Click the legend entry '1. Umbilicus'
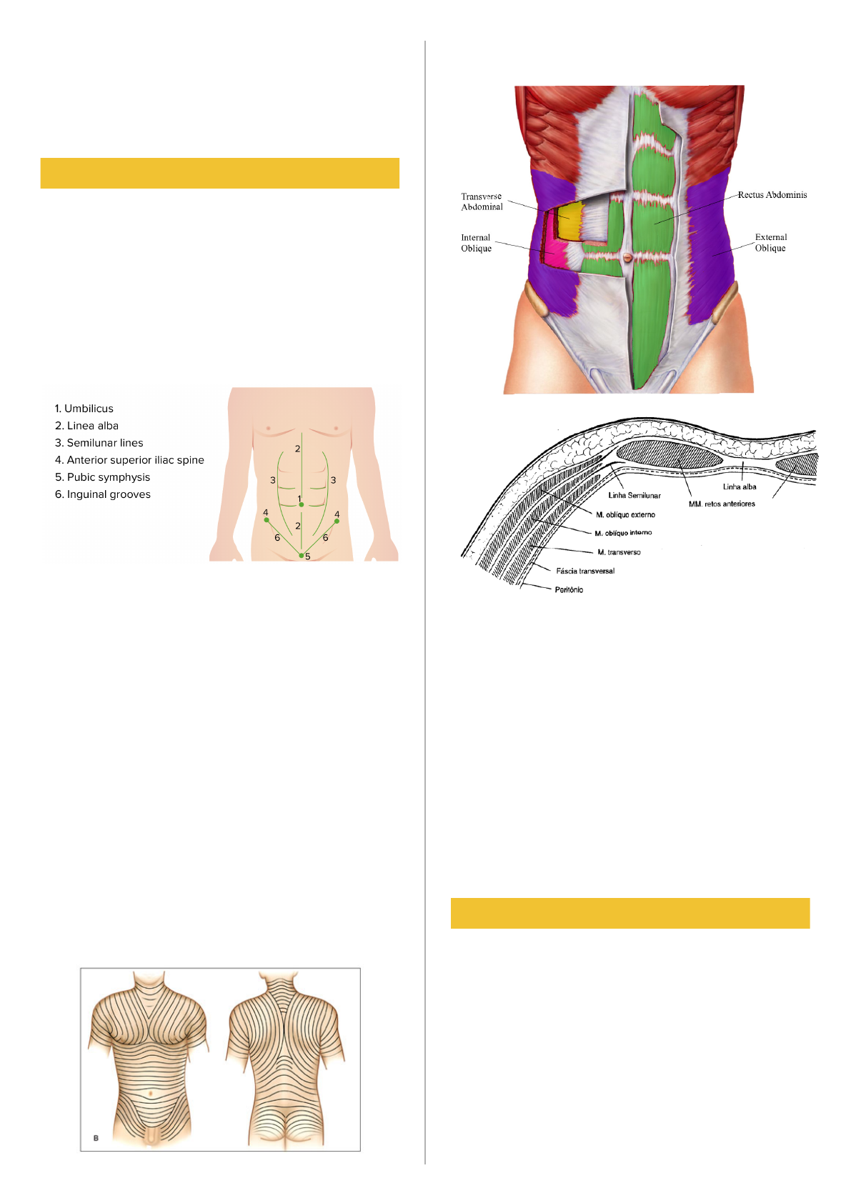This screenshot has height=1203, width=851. (x=84, y=409)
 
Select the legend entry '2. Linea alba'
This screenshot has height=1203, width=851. (x=86, y=426)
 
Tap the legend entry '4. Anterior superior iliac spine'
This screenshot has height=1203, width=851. (x=129, y=460)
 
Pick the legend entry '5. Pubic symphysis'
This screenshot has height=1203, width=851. (x=102, y=477)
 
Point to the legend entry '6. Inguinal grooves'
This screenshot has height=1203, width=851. (x=102, y=494)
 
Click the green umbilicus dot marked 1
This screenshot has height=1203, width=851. (x=302, y=505)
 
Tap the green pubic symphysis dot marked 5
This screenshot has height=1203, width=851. (x=302, y=555)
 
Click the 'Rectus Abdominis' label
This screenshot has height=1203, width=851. (x=772, y=195)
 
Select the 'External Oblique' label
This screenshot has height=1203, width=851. (x=770, y=243)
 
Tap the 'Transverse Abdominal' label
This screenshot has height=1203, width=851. (x=482, y=201)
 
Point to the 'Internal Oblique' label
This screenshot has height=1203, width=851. (x=476, y=243)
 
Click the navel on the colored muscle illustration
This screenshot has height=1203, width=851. (x=627, y=257)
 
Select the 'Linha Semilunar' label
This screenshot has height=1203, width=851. (x=634, y=495)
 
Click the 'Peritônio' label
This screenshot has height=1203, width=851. (x=569, y=590)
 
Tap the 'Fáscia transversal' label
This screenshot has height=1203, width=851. (x=585, y=571)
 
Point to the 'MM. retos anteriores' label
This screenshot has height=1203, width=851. (x=722, y=504)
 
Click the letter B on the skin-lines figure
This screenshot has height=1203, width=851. (x=96, y=1138)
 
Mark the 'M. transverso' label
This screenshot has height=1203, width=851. (x=619, y=552)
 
